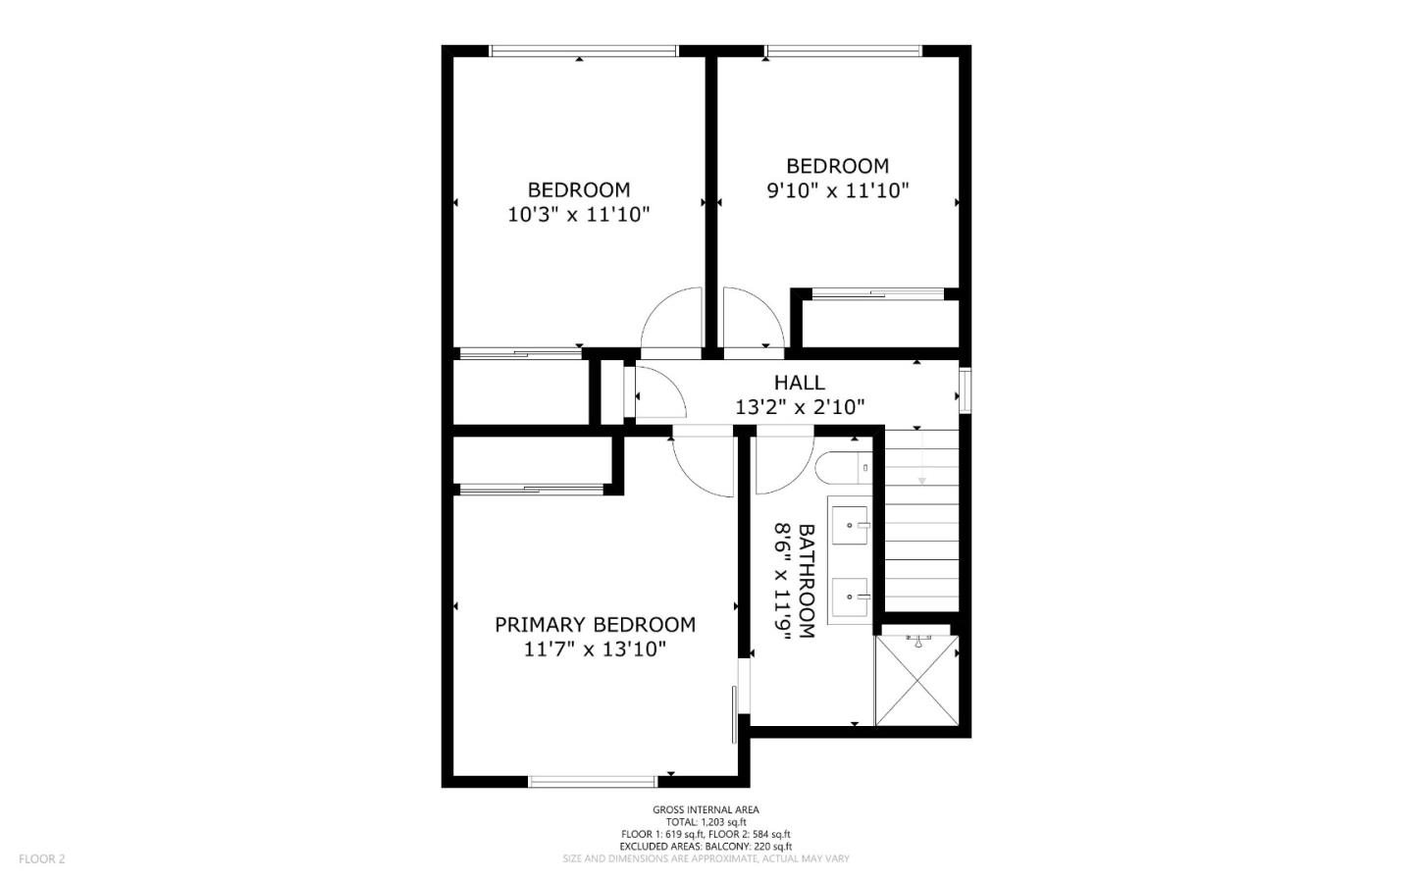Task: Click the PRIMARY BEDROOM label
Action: click(x=595, y=625)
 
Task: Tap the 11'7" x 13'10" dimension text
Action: click(x=595, y=649)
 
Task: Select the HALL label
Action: click(x=799, y=383)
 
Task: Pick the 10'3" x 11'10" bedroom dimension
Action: click(x=578, y=215)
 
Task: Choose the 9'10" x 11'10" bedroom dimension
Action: click(x=837, y=190)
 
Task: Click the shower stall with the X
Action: click(x=916, y=680)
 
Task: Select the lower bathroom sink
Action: click(x=850, y=596)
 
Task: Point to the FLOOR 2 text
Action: click(x=41, y=859)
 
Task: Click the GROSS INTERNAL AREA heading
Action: click(x=706, y=809)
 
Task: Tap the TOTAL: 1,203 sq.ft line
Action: click(x=706, y=822)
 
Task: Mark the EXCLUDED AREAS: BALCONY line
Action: click(x=706, y=846)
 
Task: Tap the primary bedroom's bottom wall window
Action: click(x=592, y=781)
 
